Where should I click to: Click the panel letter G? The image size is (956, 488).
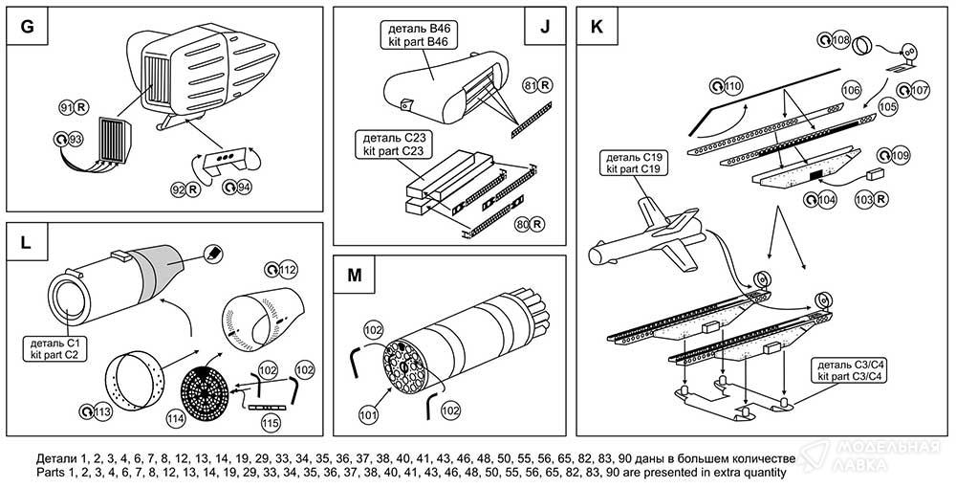(27, 27)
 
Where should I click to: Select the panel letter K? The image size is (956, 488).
(597, 27)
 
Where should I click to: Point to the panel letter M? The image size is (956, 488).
(354, 276)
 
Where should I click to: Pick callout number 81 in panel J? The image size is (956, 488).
(532, 86)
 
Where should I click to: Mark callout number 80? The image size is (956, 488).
(524, 225)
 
